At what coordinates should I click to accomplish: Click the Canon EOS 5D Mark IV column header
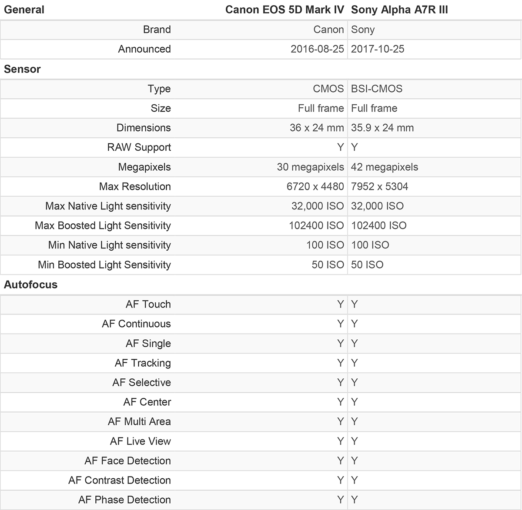[x=284, y=10]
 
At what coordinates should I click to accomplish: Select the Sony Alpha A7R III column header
[x=399, y=10]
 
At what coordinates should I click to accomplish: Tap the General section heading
[x=24, y=10]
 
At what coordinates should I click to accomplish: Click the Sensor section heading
[x=22, y=69]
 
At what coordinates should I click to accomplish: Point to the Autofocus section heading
[x=30, y=285]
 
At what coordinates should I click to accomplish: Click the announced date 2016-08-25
[x=317, y=49]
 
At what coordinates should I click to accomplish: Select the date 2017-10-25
[x=378, y=49]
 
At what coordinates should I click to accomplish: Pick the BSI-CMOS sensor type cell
[x=377, y=89]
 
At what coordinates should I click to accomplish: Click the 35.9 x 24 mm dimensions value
[x=382, y=128]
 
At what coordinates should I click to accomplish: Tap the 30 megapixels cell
[x=310, y=167]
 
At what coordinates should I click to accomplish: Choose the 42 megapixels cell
[x=385, y=167]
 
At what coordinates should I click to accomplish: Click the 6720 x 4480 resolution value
[x=315, y=186]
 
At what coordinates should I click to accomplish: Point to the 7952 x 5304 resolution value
[x=379, y=186]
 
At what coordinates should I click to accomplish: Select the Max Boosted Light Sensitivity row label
[x=103, y=225]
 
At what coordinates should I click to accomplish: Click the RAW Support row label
[x=139, y=147]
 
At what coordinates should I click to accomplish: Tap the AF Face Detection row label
[x=127, y=460]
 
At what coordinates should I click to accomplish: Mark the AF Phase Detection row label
[x=124, y=500]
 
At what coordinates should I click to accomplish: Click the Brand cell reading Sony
[x=363, y=30]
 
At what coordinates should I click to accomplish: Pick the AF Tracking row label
[x=143, y=363]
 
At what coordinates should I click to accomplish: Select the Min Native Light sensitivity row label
[x=109, y=245]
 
